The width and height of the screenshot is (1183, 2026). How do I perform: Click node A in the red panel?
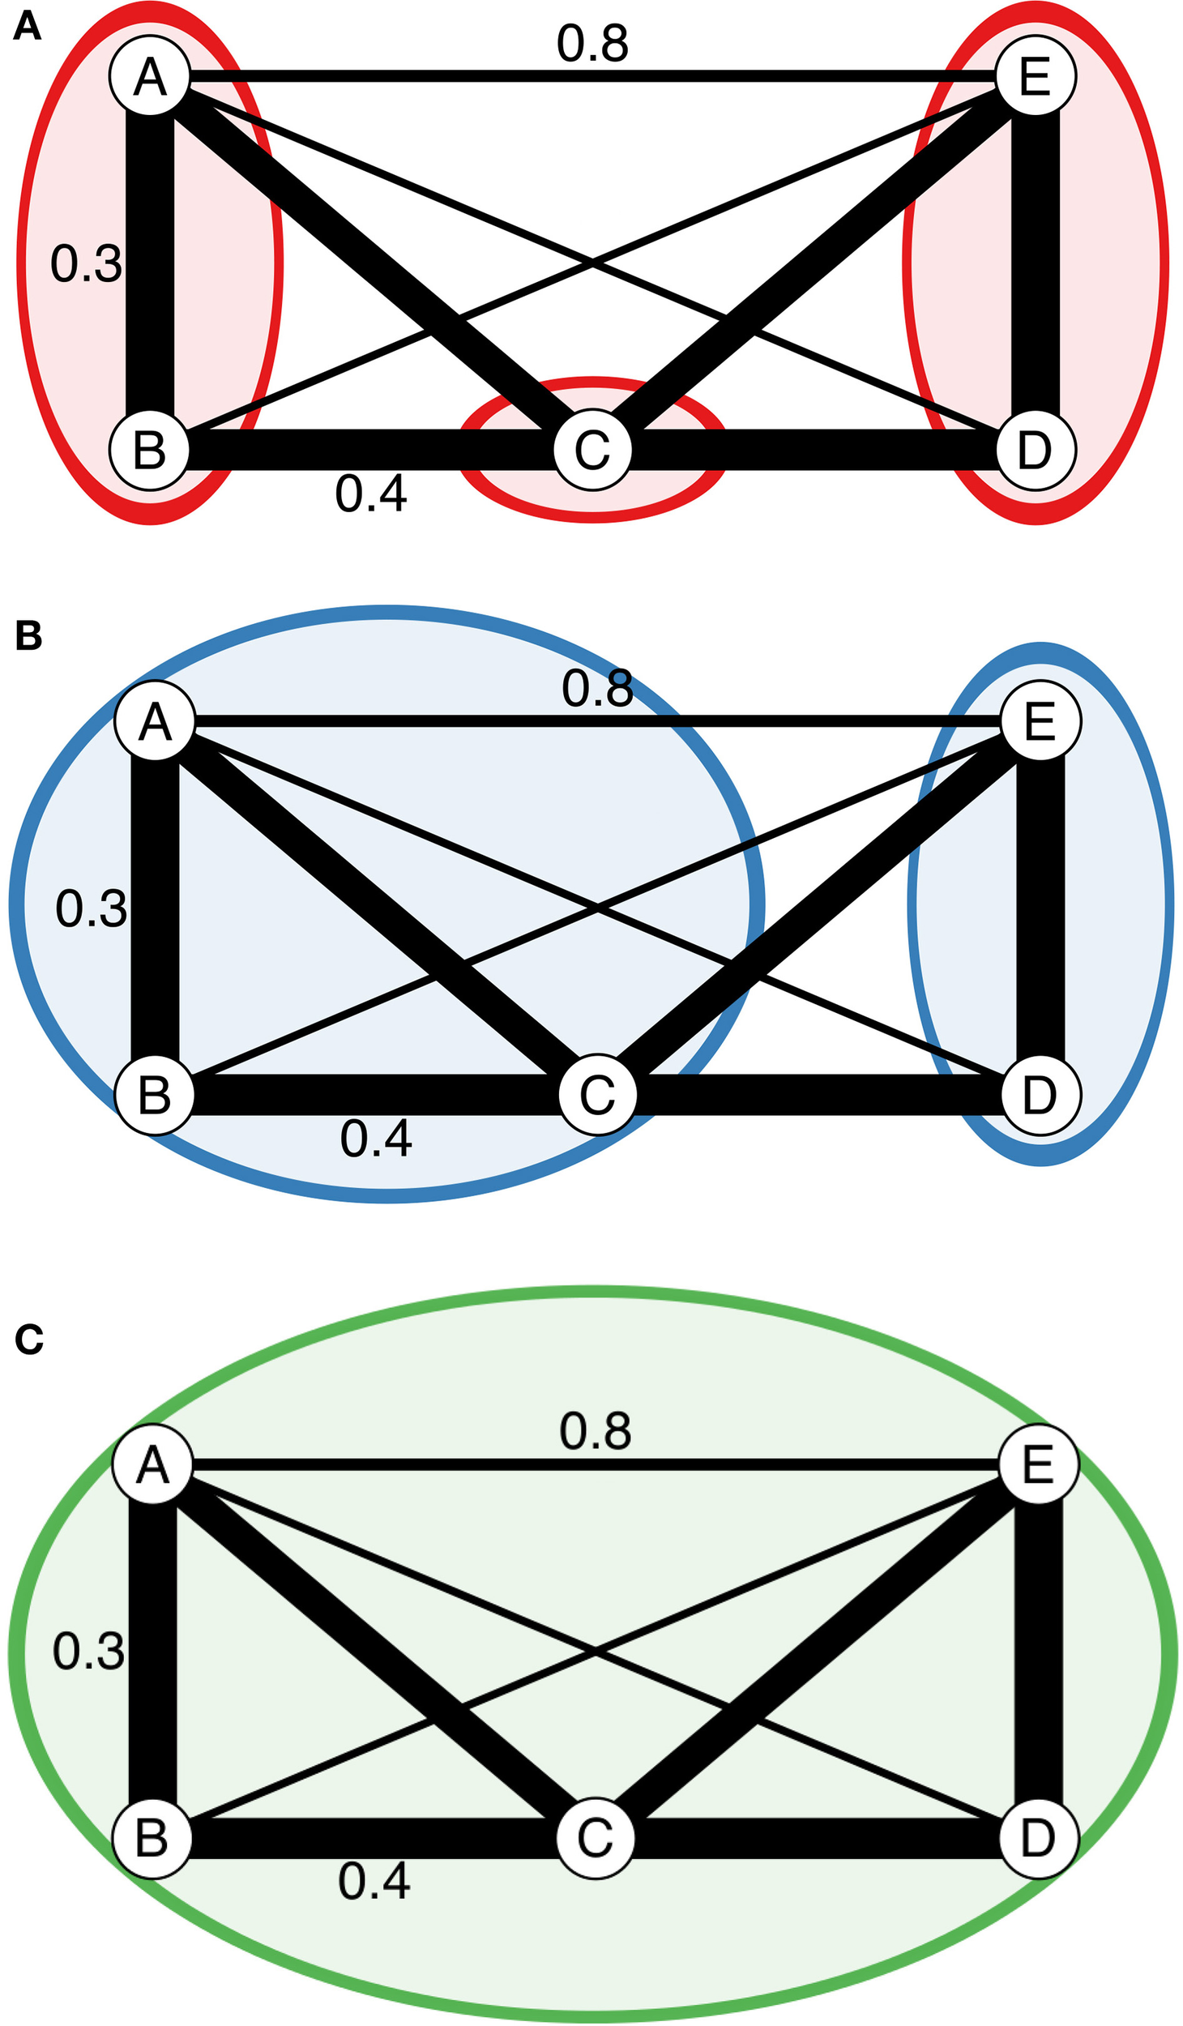(x=150, y=77)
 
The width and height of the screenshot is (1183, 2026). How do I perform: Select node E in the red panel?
(x=1036, y=77)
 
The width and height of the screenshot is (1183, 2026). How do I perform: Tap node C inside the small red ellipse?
(x=593, y=450)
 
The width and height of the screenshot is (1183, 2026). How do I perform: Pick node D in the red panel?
(x=1036, y=450)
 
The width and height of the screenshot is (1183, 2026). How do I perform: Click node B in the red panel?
(x=150, y=450)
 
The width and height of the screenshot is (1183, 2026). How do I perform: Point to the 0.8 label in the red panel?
(x=592, y=44)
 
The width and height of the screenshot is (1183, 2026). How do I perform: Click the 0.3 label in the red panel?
(x=86, y=263)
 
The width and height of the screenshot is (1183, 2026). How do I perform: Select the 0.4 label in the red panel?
(x=371, y=494)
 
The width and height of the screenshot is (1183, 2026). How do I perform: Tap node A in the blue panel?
(x=155, y=721)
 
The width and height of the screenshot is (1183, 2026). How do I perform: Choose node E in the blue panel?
(x=1040, y=721)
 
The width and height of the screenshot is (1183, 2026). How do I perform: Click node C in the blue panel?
(x=598, y=1095)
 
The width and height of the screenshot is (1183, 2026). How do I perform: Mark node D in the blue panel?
(x=1040, y=1095)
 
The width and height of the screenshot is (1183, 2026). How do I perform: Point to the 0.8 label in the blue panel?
(x=597, y=689)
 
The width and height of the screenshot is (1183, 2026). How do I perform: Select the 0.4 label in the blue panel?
(x=376, y=1139)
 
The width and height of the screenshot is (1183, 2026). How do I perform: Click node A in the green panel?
(x=152, y=1464)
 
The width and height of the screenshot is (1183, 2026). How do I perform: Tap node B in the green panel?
(x=152, y=1838)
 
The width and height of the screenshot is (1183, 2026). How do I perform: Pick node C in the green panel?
(x=596, y=1838)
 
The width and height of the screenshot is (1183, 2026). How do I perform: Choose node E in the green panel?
(x=1038, y=1464)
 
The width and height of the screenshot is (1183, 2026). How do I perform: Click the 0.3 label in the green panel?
(x=88, y=1652)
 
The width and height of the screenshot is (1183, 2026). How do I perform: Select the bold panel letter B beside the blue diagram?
(x=28, y=636)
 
